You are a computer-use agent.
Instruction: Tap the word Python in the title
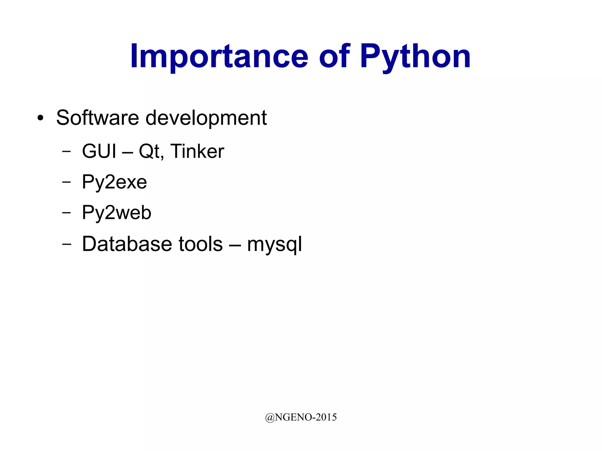point(415,56)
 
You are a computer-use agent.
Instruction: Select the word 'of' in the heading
point(335,56)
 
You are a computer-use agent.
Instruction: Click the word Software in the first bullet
point(97,118)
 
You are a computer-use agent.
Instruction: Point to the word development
point(206,118)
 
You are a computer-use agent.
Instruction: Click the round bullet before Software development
point(41,118)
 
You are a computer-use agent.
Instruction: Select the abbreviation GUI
point(99,151)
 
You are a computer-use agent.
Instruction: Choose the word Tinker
point(197,151)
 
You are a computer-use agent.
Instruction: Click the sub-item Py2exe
point(114,182)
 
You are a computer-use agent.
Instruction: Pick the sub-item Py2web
point(116,212)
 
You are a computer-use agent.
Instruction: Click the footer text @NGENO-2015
point(301,417)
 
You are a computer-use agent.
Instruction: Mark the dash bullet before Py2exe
point(67,182)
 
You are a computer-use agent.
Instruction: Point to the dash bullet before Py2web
point(67,212)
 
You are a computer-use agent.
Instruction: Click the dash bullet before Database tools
point(67,244)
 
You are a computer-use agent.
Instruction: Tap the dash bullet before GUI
point(67,151)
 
